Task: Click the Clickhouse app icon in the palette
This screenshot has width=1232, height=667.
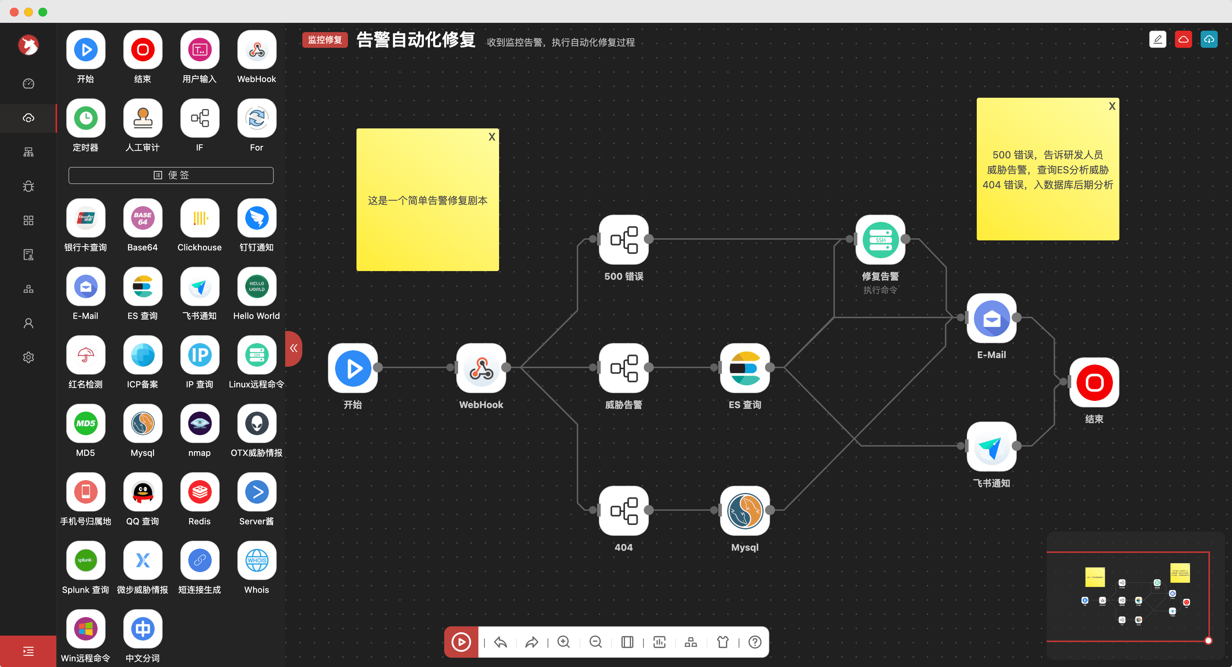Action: [x=199, y=219]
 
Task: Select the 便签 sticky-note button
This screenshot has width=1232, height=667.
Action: [x=171, y=175]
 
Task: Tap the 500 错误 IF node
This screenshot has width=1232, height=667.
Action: [x=623, y=239]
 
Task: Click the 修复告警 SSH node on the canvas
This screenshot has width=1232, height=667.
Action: [x=880, y=239]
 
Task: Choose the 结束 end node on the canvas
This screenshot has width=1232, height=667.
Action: [x=1094, y=382]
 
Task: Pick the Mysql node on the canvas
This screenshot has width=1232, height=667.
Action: [x=745, y=510]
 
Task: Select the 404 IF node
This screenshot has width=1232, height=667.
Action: [x=623, y=510]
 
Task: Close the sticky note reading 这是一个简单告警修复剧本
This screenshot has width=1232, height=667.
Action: [x=492, y=137]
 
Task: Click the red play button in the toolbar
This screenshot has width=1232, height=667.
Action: [x=461, y=642]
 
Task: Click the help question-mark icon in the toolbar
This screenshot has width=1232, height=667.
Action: [x=755, y=642]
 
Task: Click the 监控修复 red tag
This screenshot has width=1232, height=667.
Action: [x=325, y=40]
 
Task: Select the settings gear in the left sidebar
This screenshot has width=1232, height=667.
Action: [x=29, y=357]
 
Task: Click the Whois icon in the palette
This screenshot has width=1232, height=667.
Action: [x=256, y=560]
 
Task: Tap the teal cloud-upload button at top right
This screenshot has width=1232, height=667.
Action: [x=1208, y=39]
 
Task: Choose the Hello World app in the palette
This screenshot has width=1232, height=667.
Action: [x=256, y=287]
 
